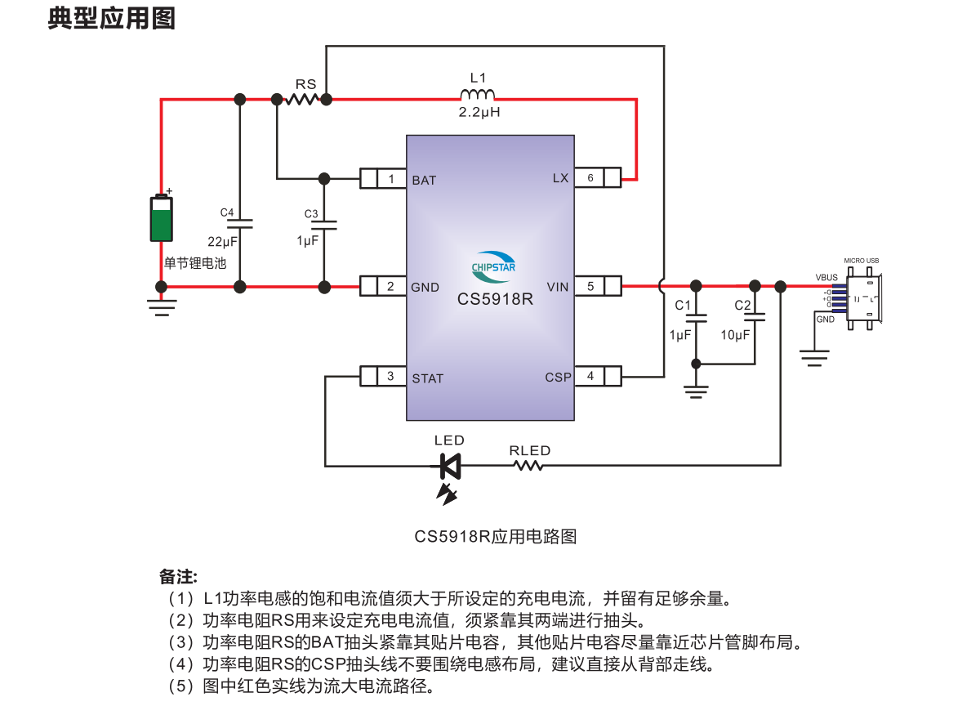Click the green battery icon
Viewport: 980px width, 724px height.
tap(162, 218)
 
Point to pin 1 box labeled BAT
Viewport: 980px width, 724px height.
tap(391, 179)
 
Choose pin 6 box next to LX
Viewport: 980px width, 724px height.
tap(590, 178)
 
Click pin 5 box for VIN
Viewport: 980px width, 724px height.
tap(590, 286)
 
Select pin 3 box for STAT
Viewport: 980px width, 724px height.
tap(391, 377)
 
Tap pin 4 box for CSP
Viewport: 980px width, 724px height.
tap(590, 377)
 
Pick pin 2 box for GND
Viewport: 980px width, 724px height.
tap(391, 286)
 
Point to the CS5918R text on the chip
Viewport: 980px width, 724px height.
tap(495, 299)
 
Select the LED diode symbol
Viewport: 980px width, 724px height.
tap(449, 467)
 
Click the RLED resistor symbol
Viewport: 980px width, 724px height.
tap(528, 466)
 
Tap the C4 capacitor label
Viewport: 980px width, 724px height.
tap(227, 212)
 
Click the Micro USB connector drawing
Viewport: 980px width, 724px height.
tap(862, 298)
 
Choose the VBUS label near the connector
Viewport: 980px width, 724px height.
tap(826, 278)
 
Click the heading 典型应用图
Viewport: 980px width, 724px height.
tap(112, 18)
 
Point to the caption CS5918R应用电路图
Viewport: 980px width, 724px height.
tap(495, 537)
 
